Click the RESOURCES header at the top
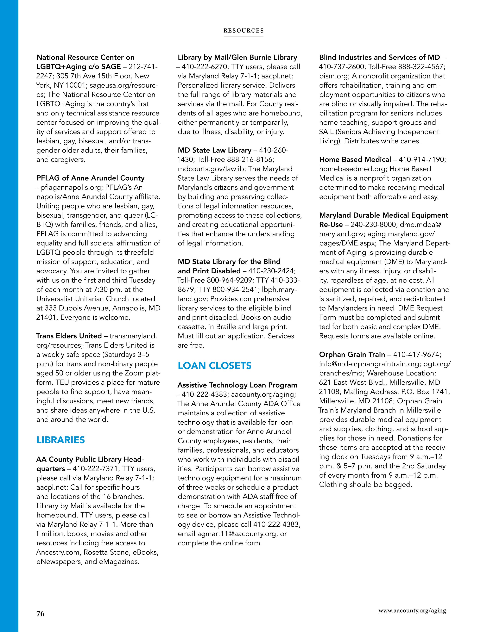tap(243, 31)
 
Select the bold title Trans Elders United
tap(69, 336)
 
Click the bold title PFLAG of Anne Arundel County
tap(90, 178)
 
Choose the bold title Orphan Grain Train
tap(352, 355)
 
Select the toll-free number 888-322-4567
tap(421, 67)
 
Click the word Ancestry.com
tap(58, 552)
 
